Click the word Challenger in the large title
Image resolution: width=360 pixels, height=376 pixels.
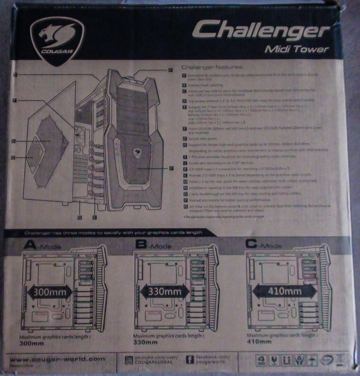coord(260,30)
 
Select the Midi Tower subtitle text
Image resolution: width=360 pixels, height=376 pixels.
coord(297,49)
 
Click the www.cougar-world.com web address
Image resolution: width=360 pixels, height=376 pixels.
coord(57,359)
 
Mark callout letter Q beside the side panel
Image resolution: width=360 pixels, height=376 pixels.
coord(15,158)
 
